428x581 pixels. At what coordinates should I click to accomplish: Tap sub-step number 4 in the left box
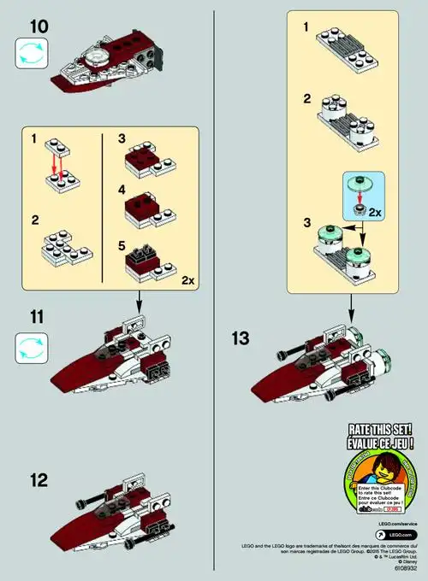[121, 191]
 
